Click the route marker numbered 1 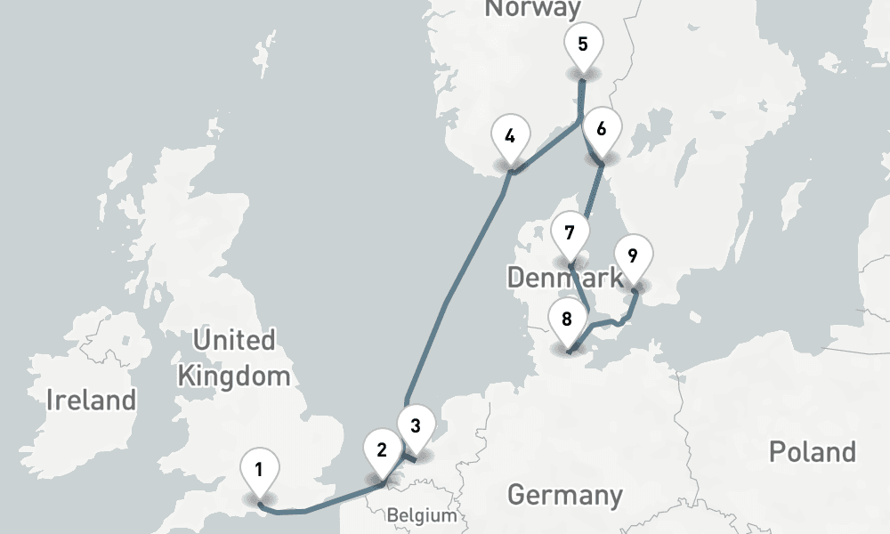[259, 469]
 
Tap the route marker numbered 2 [382, 449]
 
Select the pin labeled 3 [415, 424]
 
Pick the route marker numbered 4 [510, 136]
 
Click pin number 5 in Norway [583, 44]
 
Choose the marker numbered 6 [602, 129]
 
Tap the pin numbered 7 [570, 232]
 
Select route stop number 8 [567, 318]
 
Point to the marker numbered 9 [633, 256]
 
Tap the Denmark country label [564, 277]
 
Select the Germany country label [564, 494]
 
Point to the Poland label [812, 451]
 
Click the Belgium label [422, 515]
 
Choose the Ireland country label [92, 400]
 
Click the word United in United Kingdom [234, 340]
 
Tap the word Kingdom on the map [234, 376]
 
